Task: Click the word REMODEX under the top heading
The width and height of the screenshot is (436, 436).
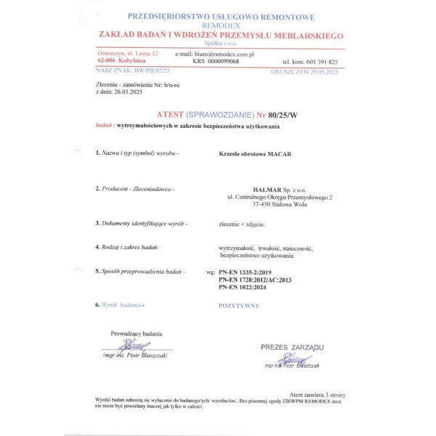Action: coord(221,25)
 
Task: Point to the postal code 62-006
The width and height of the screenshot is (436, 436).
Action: coord(108,62)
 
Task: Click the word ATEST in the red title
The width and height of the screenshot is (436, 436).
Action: coord(171,114)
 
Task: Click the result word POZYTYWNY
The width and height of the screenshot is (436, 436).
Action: coord(239,306)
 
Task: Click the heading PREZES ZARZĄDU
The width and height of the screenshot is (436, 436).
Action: coord(292,347)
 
